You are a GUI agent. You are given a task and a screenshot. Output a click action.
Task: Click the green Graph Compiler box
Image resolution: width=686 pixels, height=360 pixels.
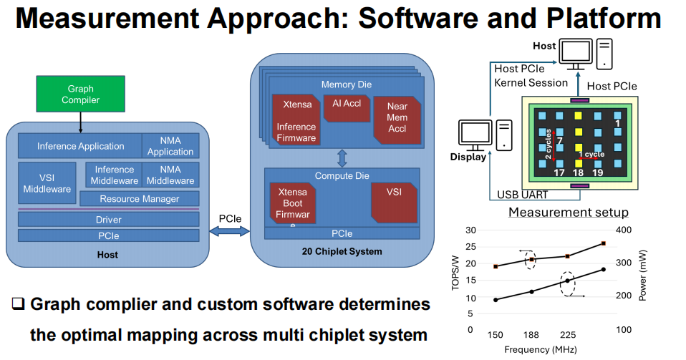(x=80, y=94)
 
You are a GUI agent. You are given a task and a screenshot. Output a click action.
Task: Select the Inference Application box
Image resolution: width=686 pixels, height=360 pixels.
(x=80, y=146)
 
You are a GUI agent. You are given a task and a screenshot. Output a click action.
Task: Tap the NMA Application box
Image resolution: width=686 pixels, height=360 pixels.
(x=170, y=146)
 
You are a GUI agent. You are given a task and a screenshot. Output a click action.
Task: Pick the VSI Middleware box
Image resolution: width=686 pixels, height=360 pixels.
(x=47, y=183)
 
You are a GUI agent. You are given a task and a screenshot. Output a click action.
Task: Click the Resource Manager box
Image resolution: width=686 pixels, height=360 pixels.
(x=140, y=198)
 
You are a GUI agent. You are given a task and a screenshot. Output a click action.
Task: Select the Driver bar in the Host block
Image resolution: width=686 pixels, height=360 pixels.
(x=109, y=220)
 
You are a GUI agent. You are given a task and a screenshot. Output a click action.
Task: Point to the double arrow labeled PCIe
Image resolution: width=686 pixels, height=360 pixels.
(x=230, y=231)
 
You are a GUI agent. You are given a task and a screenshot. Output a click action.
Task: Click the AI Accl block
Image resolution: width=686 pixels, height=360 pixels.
(x=347, y=108)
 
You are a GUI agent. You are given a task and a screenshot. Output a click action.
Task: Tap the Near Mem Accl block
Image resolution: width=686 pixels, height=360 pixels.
(x=397, y=120)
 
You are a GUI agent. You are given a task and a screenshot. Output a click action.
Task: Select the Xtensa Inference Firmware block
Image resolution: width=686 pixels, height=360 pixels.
(x=296, y=120)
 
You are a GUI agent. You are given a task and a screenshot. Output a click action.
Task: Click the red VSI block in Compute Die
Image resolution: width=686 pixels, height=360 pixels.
(x=394, y=203)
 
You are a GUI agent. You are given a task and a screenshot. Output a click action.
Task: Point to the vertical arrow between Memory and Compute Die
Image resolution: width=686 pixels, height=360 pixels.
(x=342, y=158)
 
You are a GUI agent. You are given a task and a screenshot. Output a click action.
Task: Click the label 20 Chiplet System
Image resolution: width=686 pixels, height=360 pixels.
(x=342, y=251)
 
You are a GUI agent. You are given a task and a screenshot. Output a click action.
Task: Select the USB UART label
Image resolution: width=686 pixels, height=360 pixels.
(x=522, y=195)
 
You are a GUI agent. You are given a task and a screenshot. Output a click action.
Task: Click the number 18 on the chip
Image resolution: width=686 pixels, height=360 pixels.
(x=578, y=172)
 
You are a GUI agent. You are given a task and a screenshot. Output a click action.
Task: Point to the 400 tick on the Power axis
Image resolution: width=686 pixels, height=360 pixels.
(x=624, y=230)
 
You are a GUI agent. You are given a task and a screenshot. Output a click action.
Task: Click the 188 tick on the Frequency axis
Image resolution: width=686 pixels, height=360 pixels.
(x=531, y=335)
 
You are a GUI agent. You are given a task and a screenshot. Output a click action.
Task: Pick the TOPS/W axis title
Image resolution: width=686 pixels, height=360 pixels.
(x=455, y=273)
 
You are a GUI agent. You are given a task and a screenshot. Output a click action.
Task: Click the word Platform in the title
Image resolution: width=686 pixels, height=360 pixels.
(x=604, y=19)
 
